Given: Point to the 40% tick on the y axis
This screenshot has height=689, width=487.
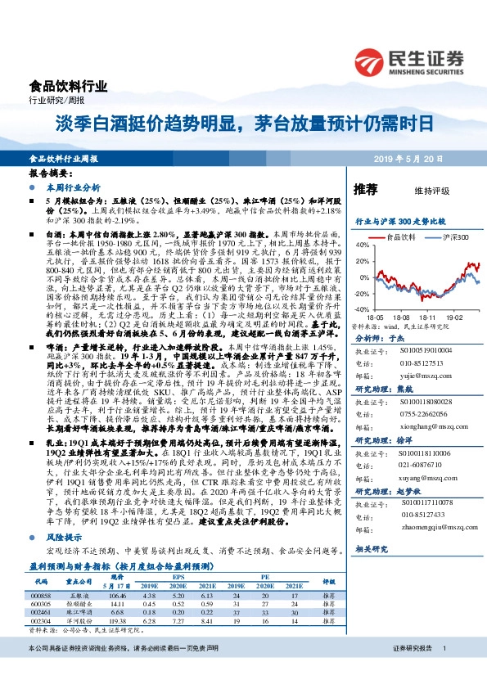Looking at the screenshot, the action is tap(359, 245).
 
